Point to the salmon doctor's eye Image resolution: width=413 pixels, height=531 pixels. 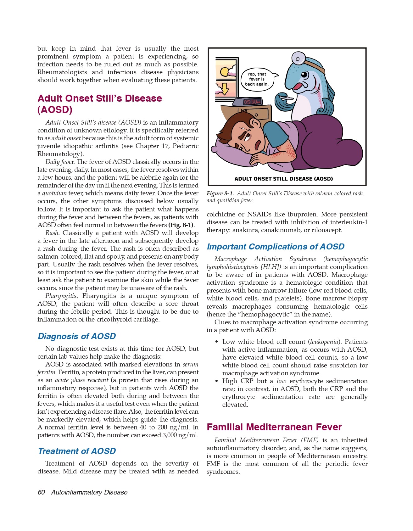[x=304, y=75]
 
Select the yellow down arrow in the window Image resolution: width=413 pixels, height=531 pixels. [x=225, y=88]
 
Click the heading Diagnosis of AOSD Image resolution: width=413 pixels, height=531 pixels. [x=77, y=336]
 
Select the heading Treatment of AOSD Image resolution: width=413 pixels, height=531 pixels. [x=77, y=451]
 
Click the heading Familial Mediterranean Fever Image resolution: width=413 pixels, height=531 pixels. [x=274, y=427]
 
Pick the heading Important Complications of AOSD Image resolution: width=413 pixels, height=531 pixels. [x=276, y=247]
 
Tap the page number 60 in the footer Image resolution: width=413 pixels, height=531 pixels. [x=41, y=492]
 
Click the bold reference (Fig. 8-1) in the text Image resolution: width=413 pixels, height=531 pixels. [x=181, y=225]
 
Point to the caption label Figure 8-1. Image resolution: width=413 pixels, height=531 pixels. [x=220, y=193]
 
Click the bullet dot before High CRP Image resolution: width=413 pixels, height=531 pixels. [x=216, y=381]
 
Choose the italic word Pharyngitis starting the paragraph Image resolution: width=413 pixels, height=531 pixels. [x=61, y=296]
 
